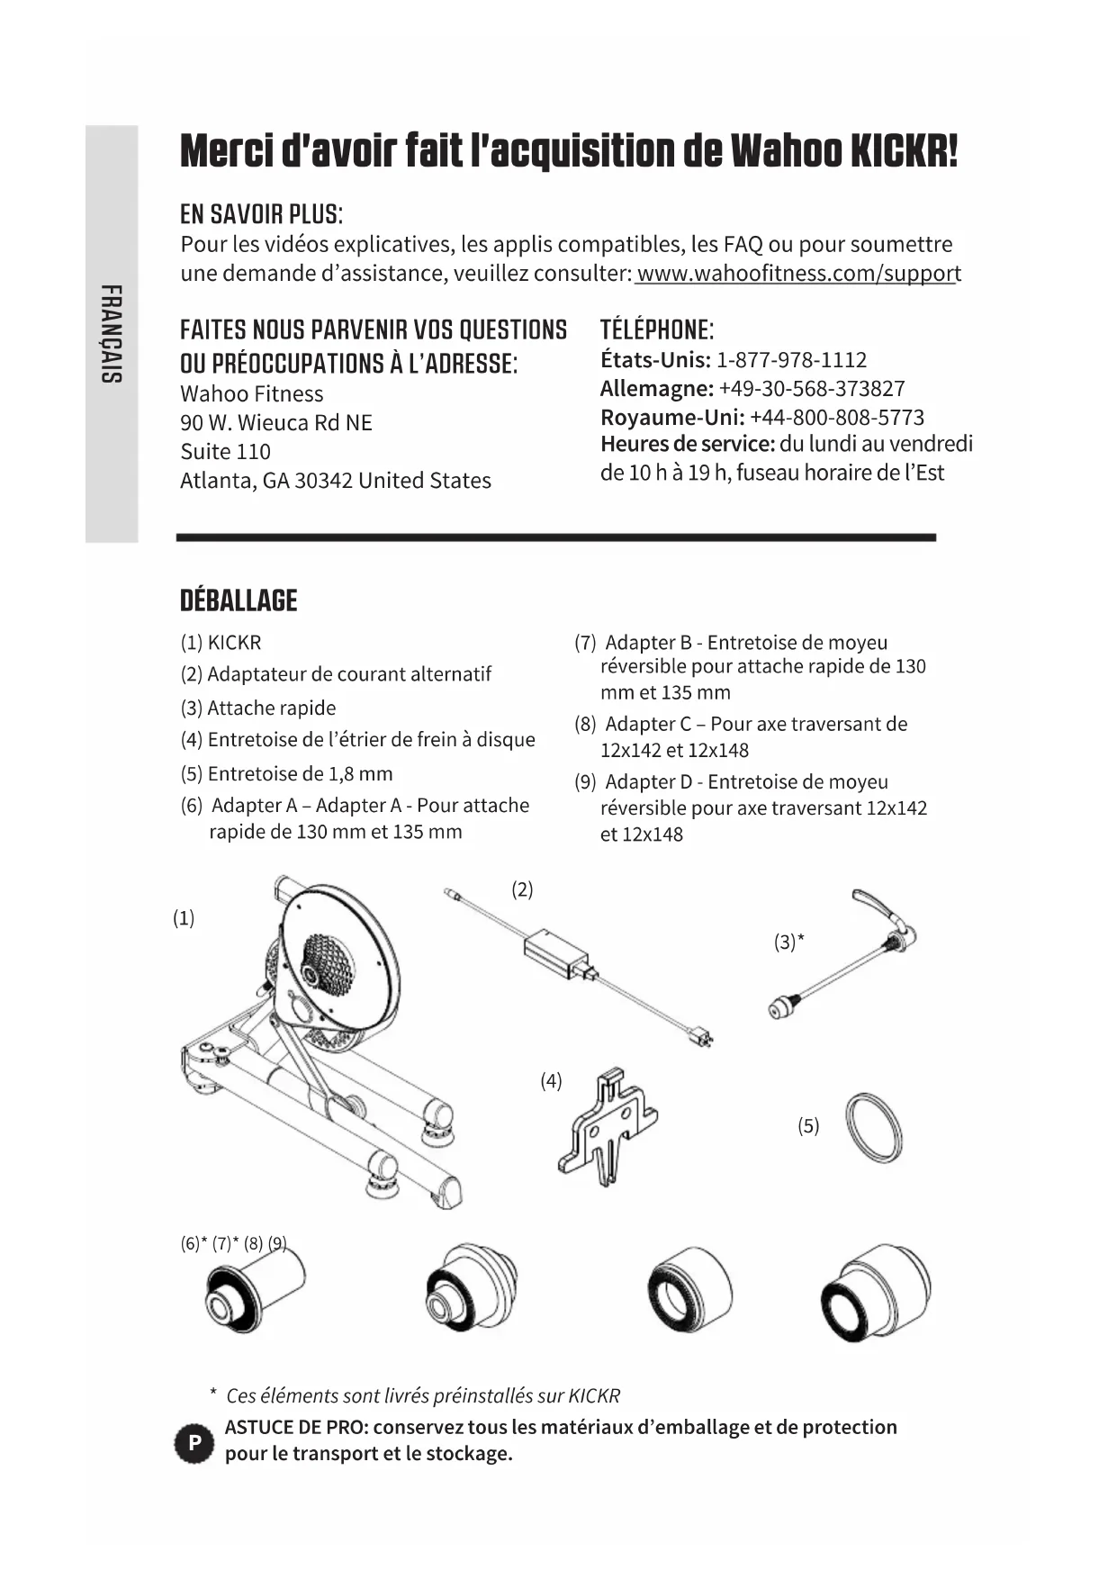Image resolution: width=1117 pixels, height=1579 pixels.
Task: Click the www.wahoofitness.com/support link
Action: (x=797, y=273)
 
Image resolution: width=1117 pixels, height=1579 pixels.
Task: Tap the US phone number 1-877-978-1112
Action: (x=791, y=360)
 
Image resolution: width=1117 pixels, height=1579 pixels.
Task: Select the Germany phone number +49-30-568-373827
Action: (x=811, y=389)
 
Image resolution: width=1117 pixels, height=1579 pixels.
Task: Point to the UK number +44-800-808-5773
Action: (x=836, y=418)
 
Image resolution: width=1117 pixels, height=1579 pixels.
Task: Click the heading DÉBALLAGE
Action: (x=239, y=600)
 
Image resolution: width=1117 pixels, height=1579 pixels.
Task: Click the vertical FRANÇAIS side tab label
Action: (x=112, y=333)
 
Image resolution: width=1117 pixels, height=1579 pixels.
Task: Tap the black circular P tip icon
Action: (x=194, y=1443)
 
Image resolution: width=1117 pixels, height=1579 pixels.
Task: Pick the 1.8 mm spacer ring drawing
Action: (x=873, y=1128)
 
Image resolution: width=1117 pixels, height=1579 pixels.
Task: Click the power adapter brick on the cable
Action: (x=556, y=952)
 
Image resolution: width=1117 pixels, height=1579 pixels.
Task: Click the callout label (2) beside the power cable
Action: (x=522, y=889)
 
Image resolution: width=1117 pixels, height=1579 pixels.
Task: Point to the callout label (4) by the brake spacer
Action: (x=551, y=1080)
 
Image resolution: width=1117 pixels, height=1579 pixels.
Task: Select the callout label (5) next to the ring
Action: (x=808, y=1125)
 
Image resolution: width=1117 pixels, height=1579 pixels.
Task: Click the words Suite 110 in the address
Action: (x=225, y=451)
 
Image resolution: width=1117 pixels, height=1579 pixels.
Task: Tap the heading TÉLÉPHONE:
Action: (x=657, y=329)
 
